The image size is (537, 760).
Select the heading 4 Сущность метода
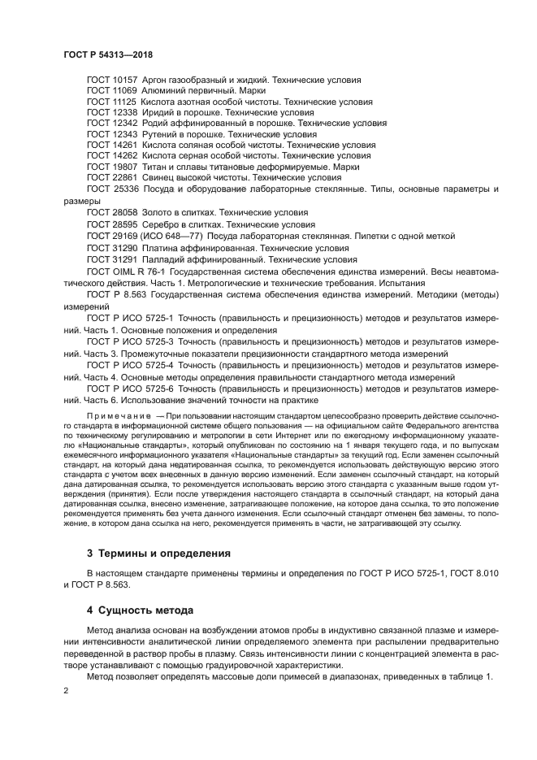pos(139,610)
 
